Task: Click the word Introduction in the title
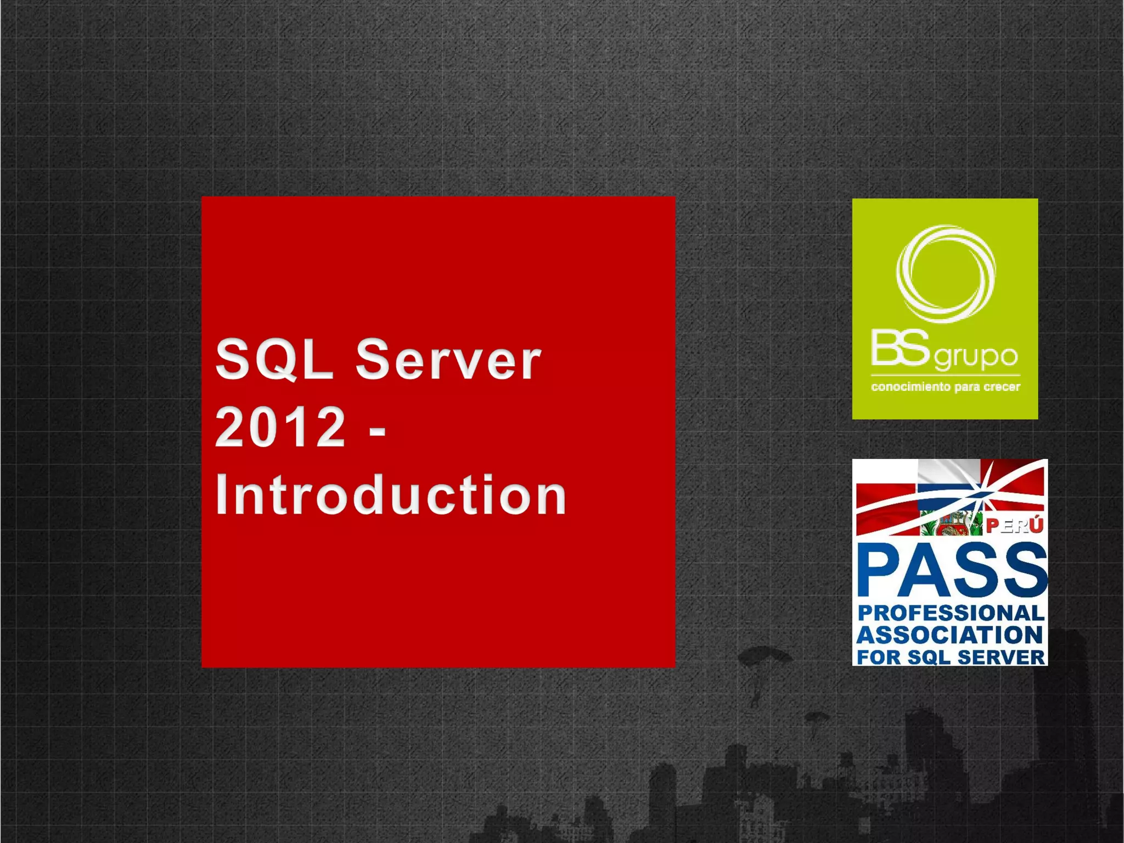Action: [391, 495]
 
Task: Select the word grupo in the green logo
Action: [976, 357]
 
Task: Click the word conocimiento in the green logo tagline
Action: [911, 387]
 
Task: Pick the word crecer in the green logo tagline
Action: [1002, 387]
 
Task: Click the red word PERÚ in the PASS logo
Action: [1014, 526]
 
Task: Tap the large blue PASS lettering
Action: [952, 571]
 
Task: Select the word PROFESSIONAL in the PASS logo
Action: [951, 613]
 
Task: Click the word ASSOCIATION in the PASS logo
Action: [949, 635]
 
